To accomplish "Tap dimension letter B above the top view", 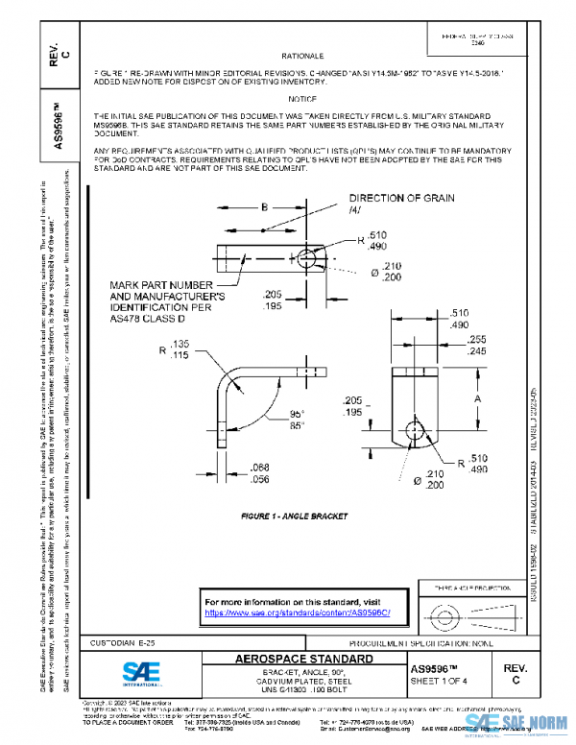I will tap(263, 205).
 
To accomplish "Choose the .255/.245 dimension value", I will tap(479, 347).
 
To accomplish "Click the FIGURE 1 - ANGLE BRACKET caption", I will tap(294, 516).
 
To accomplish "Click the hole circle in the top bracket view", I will tap(306, 259).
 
